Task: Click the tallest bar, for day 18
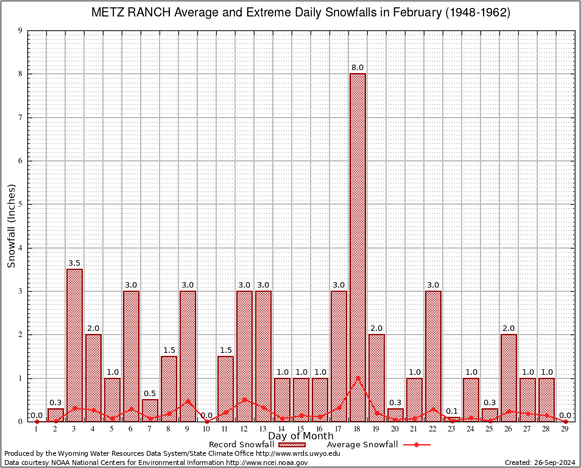357,244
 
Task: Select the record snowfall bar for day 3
74,344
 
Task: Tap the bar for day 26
509,378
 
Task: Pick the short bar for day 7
150,410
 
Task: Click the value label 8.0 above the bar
357,68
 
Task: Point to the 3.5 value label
74,263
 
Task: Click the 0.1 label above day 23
452,411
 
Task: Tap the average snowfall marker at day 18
357,378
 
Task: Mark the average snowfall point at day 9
188,401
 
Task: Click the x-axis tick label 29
565,429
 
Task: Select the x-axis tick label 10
206,429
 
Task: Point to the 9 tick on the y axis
21,30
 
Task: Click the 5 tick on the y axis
21,205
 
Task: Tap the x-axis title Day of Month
301,436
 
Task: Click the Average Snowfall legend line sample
417,445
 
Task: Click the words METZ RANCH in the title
129,12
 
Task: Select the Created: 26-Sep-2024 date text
540,463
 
